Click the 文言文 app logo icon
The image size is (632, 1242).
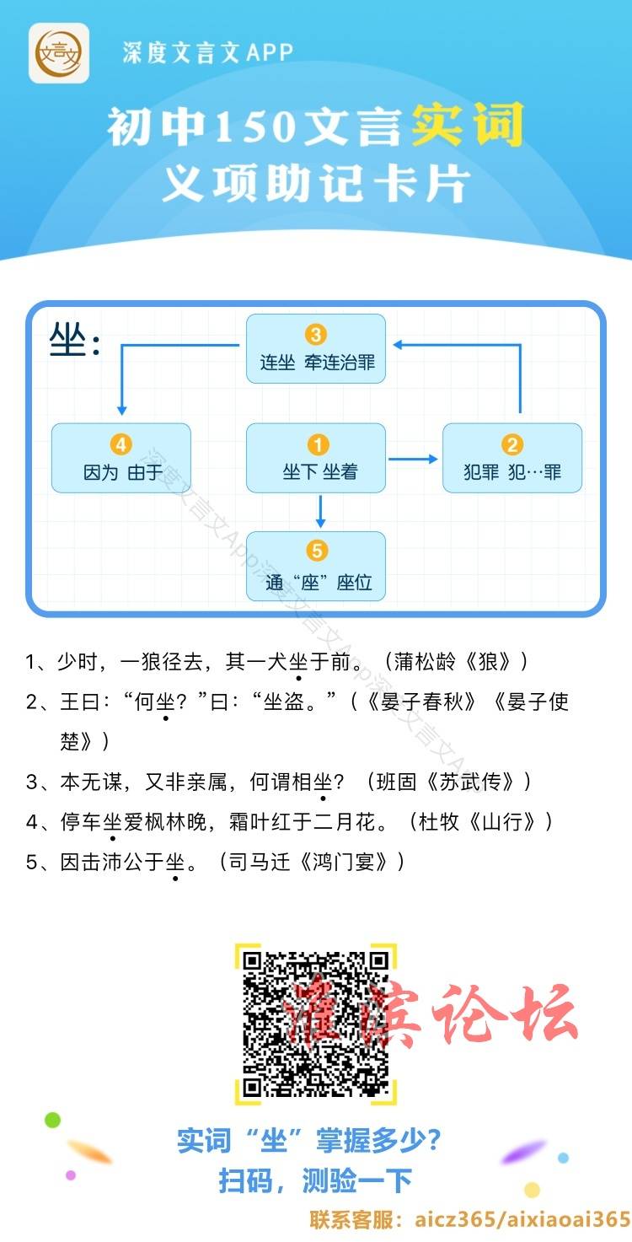point(59,53)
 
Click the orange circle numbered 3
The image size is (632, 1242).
point(316,335)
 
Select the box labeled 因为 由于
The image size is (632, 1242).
point(121,458)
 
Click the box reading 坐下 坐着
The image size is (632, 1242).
point(316,458)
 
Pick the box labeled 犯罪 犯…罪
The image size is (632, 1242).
point(512,458)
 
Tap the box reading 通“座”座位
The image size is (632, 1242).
point(316,566)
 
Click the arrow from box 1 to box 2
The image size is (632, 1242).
point(413,459)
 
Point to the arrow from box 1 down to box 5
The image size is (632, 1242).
point(320,511)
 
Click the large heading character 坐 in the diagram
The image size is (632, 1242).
point(67,339)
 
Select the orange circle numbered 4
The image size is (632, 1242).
point(121,444)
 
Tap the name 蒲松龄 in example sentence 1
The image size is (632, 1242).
point(425,662)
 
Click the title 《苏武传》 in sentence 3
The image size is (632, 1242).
point(471,782)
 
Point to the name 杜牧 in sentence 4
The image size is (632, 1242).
point(439,822)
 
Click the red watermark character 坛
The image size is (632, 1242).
point(544,1013)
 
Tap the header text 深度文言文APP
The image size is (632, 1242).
point(207,52)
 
